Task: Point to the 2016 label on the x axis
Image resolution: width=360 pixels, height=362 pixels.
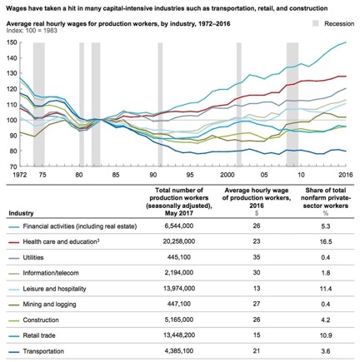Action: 346,175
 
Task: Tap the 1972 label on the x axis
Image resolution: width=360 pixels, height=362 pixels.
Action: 20,175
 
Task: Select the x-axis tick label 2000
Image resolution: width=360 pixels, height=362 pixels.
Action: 227,175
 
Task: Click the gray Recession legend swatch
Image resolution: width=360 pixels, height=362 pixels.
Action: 316,23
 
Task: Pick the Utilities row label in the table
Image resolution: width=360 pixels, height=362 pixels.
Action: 33,257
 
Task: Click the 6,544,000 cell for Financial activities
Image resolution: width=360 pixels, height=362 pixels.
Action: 179,226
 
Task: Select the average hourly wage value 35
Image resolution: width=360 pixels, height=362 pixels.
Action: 257,257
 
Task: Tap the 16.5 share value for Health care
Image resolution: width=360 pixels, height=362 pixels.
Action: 326,241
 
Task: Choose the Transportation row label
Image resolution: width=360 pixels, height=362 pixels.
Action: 43,351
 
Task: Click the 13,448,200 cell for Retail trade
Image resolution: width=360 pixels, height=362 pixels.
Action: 179,335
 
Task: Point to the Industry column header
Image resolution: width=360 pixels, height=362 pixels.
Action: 21,213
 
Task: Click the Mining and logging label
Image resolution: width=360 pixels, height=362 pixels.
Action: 49,305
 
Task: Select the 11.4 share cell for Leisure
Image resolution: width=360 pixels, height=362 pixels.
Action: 326,289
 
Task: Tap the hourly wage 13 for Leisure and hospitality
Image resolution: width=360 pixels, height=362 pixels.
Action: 257,289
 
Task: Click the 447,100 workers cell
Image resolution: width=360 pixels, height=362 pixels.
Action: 179,304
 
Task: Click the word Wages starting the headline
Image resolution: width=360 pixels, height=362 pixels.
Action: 16,8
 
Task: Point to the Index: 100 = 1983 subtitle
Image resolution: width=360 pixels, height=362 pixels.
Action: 32,30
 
